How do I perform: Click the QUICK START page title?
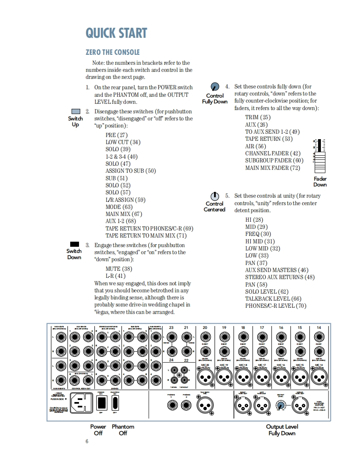pyautogui.click(x=116, y=33)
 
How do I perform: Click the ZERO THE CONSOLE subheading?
pyautogui.click(x=113, y=52)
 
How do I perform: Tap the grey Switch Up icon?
pyautogui.click(x=75, y=111)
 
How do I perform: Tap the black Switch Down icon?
pyautogui.click(x=75, y=244)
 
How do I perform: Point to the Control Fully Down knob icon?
pyautogui.click(x=215, y=87)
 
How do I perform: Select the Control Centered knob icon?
pyautogui.click(x=215, y=196)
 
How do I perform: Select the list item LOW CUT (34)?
pyautogui.click(x=123, y=142)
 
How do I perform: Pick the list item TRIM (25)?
pyautogui.click(x=258, y=118)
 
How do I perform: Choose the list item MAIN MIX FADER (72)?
pyautogui.click(x=272, y=168)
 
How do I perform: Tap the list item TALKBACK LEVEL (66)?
pyautogui.click(x=273, y=299)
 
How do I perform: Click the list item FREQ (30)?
pyautogui.click(x=258, y=234)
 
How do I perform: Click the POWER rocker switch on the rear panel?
pyautogui.click(x=101, y=402)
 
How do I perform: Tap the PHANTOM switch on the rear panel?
pyautogui.click(x=115, y=402)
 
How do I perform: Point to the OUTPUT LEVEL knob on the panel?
pyautogui.click(x=281, y=406)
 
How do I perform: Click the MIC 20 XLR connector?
pyautogui.click(x=205, y=377)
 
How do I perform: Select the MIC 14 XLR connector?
pyautogui.click(x=318, y=377)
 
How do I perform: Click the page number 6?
pyautogui.click(x=87, y=441)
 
